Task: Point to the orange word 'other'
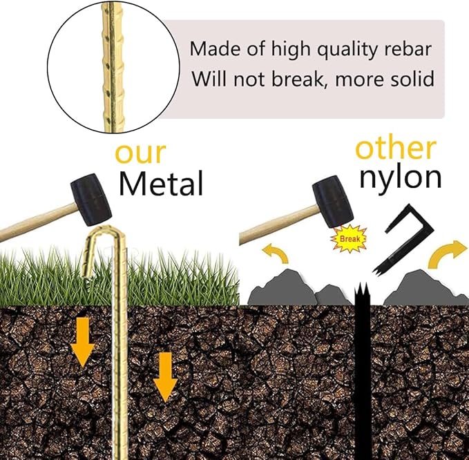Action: [x=395, y=148]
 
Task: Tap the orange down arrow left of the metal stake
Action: [x=83, y=341]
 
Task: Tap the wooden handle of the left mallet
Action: [x=35, y=222]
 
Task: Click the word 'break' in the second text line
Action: [x=295, y=79]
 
